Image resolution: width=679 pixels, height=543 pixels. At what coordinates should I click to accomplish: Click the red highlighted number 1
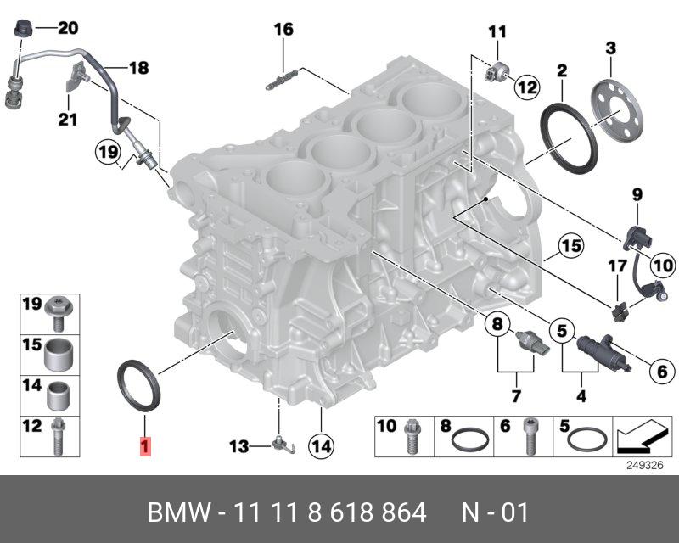click(145, 445)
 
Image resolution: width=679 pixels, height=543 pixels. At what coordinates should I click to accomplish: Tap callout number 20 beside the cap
click(67, 29)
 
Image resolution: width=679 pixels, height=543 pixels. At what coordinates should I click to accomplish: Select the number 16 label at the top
click(283, 30)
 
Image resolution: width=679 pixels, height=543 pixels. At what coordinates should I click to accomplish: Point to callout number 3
click(609, 48)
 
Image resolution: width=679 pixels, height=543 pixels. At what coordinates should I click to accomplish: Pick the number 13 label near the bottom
click(240, 445)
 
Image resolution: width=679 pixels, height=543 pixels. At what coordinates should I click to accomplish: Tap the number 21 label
click(67, 119)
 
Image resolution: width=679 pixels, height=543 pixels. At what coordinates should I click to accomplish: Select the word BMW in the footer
click(179, 512)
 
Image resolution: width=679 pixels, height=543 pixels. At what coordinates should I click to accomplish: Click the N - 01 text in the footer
click(495, 512)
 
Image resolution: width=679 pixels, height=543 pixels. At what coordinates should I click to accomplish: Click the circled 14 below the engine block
click(321, 444)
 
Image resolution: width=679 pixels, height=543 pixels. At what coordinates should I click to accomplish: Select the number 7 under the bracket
click(514, 396)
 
